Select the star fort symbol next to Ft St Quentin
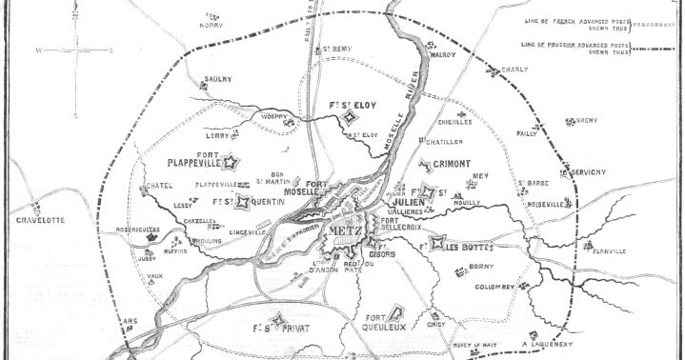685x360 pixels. point(244,202)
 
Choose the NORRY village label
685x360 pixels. point(211,26)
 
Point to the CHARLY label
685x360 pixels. point(514,70)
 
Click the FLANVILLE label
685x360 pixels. point(608,252)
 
